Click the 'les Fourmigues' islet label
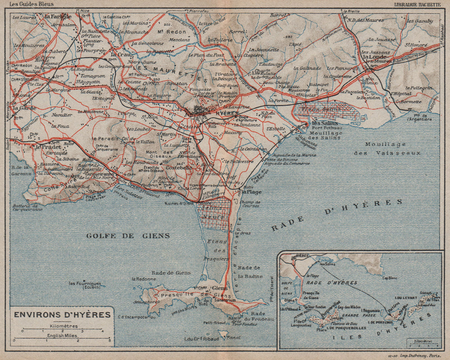point(85,284)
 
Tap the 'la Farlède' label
point(58,16)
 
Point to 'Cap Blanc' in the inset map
point(392,278)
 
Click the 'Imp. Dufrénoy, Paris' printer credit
point(423,355)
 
